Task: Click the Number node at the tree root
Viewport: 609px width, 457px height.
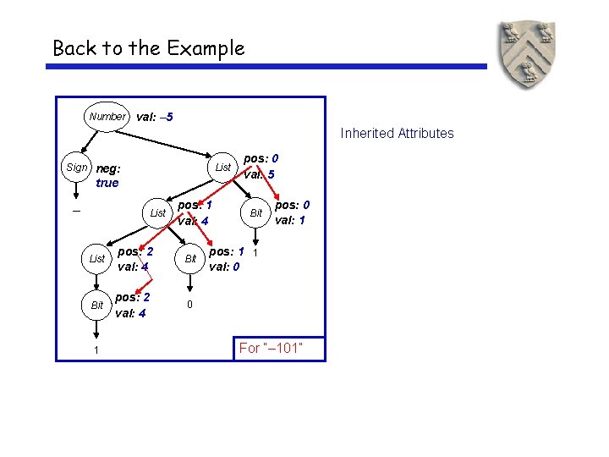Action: pyautogui.click(x=107, y=117)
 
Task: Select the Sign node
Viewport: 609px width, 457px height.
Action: pyautogui.click(x=76, y=168)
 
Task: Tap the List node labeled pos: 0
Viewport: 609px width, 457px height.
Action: pyautogui.click(x=222, y=168)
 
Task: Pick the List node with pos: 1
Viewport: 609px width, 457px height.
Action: pyautogui.click(x=158, y=213)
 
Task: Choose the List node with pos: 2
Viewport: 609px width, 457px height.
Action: pyautogui.click(x=97, y=258)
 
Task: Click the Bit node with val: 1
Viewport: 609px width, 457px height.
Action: pyautogui.click(x=255, y=213)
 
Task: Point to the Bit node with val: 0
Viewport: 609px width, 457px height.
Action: pyautogui.click(x=190, y=258)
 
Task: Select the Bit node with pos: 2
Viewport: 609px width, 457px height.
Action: pyautogui.click(x=97, y=305)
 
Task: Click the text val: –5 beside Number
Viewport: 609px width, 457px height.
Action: pyautogui.click(x=155, y=117)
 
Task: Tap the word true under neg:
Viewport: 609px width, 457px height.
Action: pyautogui.click(x=107, y=183)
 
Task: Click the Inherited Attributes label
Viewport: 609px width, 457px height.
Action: pyautogui.click(x=397, y=133)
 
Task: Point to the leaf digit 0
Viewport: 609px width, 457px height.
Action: pyautogui.click(x=190, y=305)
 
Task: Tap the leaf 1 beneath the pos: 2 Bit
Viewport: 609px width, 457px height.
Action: pyautogui.click(x=96, y=350)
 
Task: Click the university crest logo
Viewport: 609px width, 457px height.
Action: pyautogui.click(x=528, y=56)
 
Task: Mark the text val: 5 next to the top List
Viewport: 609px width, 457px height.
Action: pyautogui.click(x=260, y=175)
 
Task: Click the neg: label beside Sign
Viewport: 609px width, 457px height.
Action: pyautogui.click(x=108, y=168)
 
